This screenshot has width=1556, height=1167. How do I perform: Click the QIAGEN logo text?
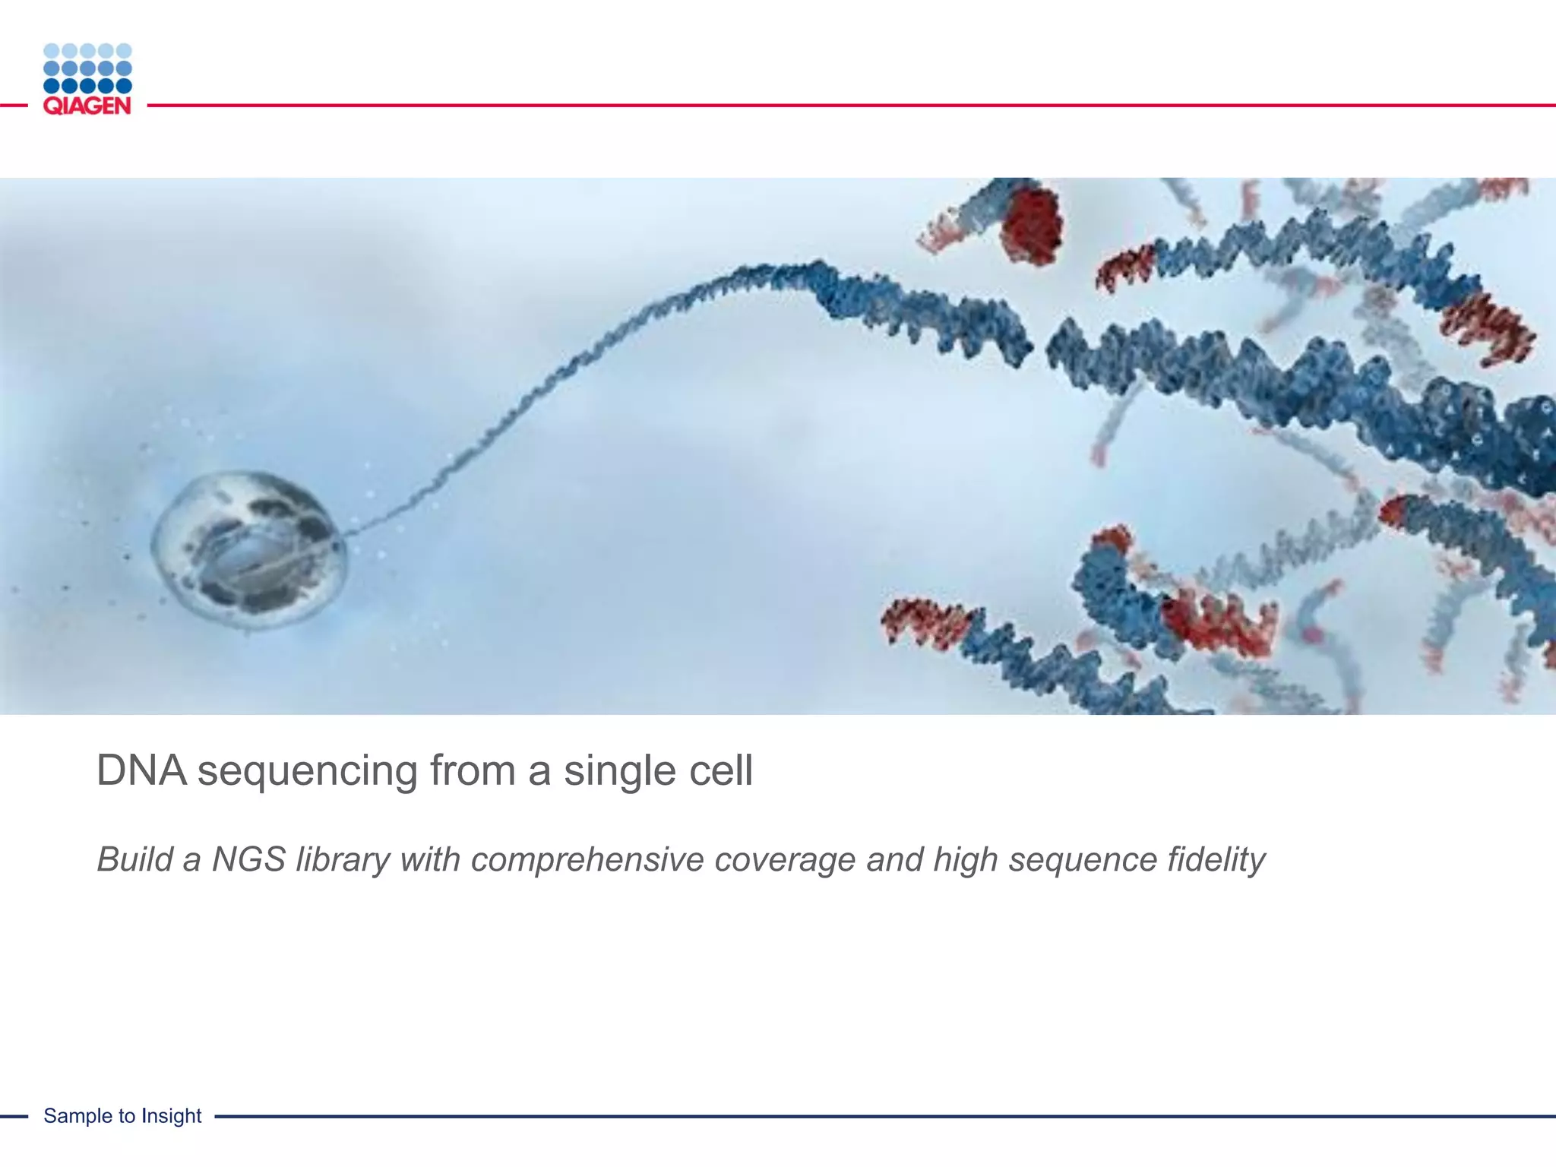coord(87,106)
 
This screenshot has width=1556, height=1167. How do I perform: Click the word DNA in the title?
coord(141,770)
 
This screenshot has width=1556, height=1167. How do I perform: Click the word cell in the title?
coord(721,770)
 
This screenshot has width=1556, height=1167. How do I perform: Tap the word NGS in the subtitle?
coord(248,859)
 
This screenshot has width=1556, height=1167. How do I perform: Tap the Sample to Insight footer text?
coord(122,1115)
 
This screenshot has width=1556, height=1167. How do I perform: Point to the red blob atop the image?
coord(1031,223)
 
